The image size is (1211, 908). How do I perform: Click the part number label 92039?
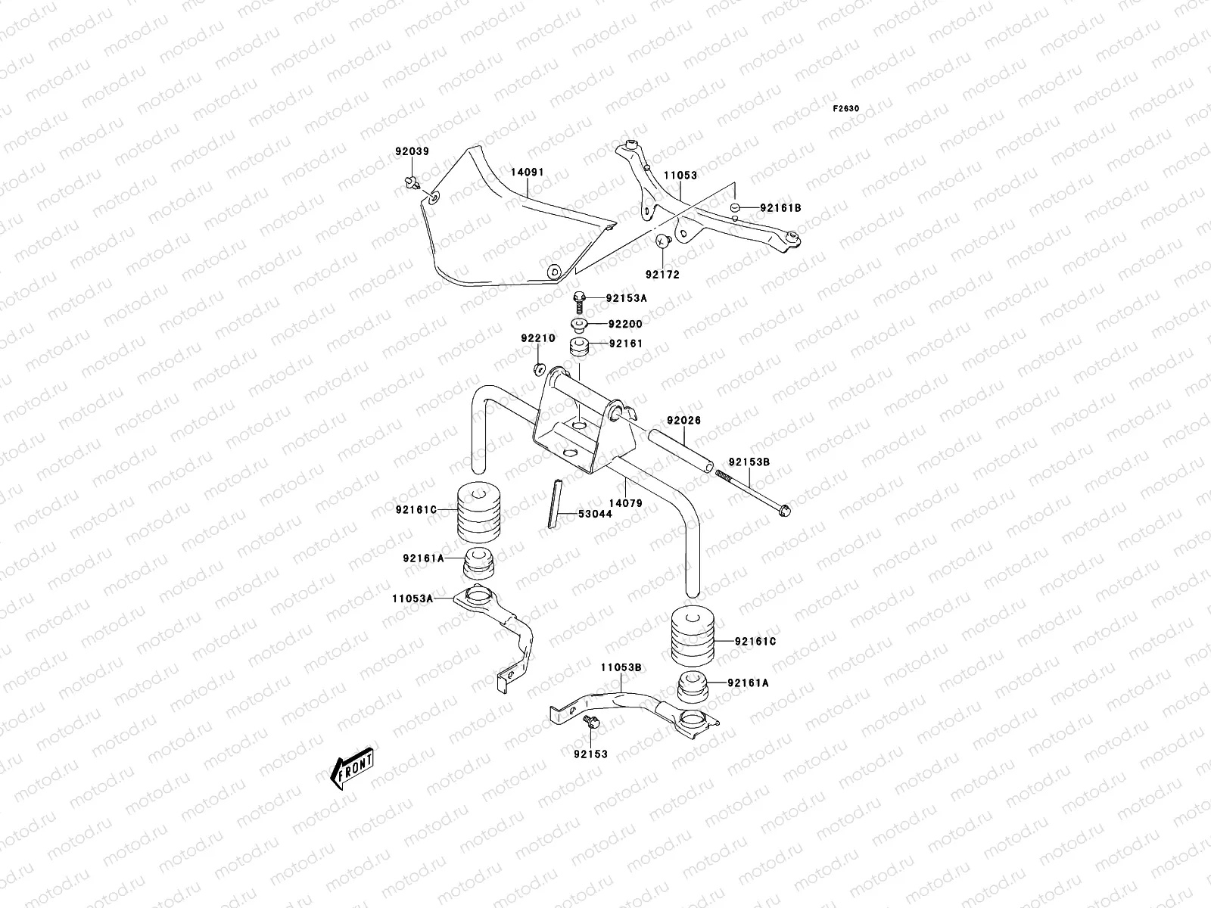coord(412,151)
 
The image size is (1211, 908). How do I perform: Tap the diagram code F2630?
coord(846,109)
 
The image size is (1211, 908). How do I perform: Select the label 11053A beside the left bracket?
coord(412,598)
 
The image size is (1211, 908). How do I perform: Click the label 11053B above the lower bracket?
coord(621,667)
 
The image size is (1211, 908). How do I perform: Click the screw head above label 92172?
coord(664,241)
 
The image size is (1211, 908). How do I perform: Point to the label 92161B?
coord(780,207)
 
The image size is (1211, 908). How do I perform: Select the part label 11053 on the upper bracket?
coord(680,176)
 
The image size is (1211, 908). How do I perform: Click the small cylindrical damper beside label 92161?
coord(581,350)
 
